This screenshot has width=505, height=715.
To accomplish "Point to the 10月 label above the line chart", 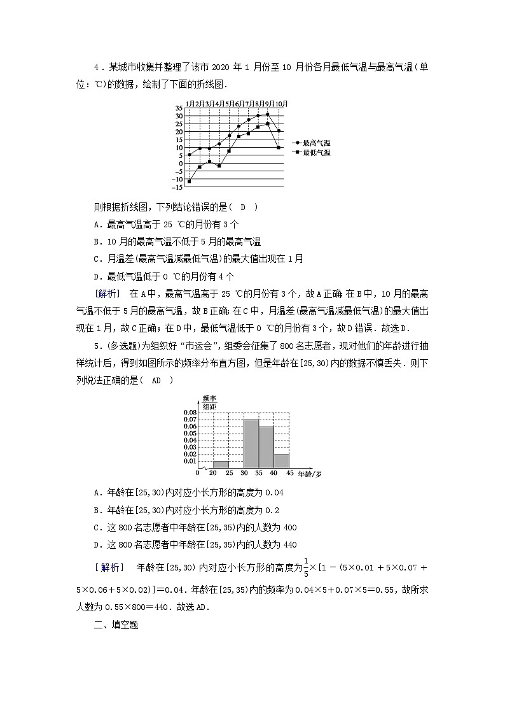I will point(280,103).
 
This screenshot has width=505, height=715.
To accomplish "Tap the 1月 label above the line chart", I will point(189,103).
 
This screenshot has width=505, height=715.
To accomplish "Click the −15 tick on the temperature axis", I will point(177,187).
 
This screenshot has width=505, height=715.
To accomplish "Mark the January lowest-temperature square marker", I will point(190,181).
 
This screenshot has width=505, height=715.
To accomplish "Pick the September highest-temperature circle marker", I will point(268,114).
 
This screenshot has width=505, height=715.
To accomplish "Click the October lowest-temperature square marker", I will point(279,148).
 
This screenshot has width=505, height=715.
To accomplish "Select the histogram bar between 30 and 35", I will point(251,444).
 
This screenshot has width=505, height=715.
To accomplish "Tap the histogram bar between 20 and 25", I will point(221,464).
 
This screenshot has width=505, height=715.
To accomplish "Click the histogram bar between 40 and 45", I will point(282,461).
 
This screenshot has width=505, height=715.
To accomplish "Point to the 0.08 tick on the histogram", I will point(190,413).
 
